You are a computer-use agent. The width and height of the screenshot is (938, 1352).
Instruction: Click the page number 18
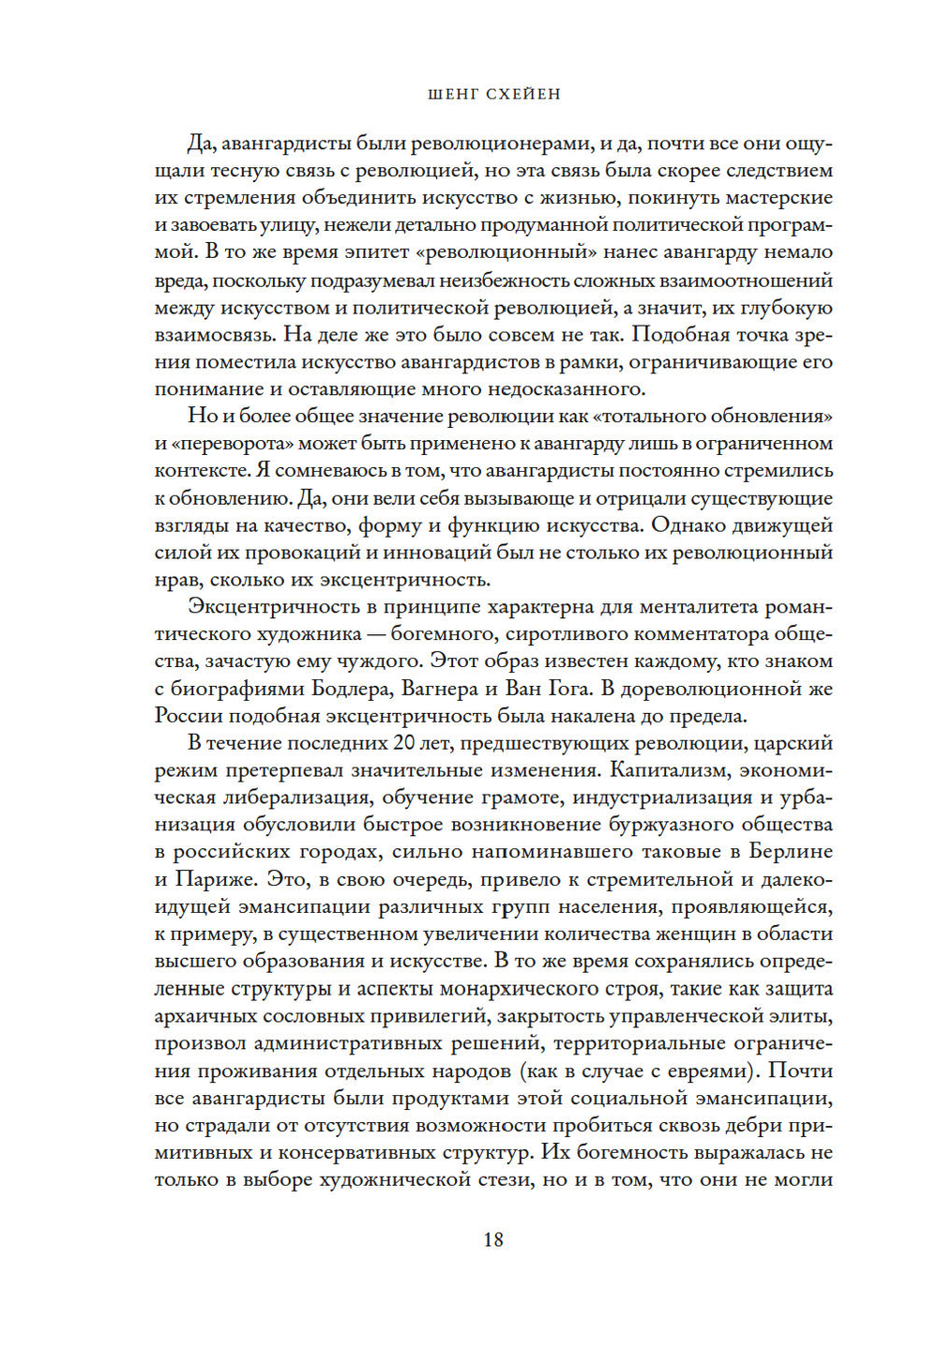(x=493, y=1239)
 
